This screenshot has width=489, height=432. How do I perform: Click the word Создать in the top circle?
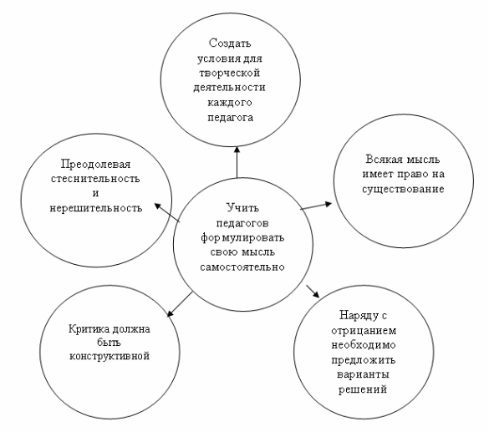(230, 43)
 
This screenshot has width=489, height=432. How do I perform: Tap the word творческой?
(230, 73)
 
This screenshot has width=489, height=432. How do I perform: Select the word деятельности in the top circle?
(229, 88)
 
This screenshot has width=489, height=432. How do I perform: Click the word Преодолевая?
(96, 165)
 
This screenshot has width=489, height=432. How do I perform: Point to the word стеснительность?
(95, 179)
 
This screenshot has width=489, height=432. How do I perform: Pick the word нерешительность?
(96, 208)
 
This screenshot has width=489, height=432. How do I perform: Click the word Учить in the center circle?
(242, 208)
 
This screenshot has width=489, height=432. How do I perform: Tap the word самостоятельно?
(242, 267)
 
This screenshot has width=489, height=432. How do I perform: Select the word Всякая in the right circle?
(384, 160)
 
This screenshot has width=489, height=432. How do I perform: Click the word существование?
(403, 189)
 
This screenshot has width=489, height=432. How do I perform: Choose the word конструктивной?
(110, 356)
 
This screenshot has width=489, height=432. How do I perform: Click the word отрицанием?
(364, 331)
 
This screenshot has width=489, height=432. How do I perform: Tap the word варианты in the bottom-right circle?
(363, 374)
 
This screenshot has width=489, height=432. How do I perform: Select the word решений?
(363, 389)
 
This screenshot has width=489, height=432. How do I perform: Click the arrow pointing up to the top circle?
(237, 162)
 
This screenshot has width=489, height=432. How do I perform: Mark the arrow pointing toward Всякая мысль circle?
(316, 206)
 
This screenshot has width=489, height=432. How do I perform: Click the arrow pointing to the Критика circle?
(180, 304)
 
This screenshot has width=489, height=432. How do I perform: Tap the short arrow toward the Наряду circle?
(313, 292)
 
